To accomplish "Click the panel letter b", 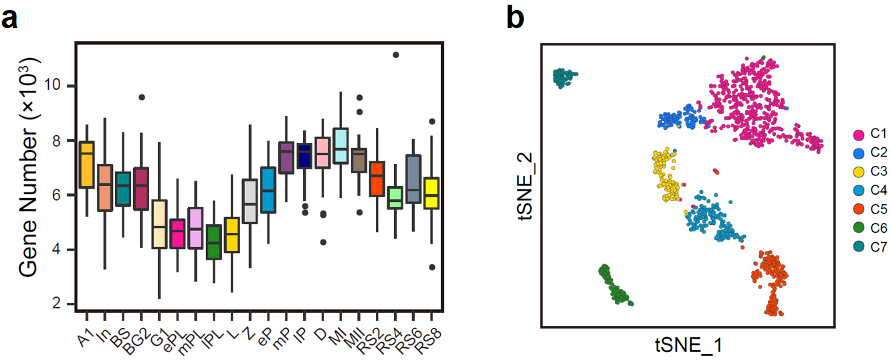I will tap(516, 18).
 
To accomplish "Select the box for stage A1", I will tap(87, 165).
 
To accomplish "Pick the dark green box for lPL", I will tap(214, 242).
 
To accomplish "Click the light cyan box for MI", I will tap(340, 145).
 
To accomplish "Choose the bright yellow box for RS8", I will tap(432, 193).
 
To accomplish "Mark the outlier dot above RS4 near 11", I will tap(395, 55).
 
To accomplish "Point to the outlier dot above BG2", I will tap(142, 97).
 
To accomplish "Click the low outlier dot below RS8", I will tap(432, 267).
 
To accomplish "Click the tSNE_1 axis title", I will tap(688, 345).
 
